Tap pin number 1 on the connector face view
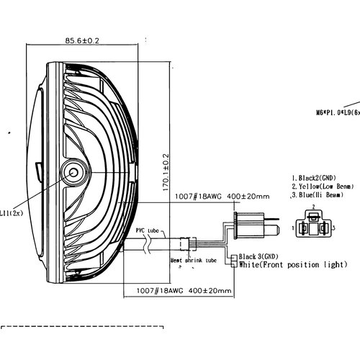(292, 228)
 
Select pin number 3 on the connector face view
(333, 228)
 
